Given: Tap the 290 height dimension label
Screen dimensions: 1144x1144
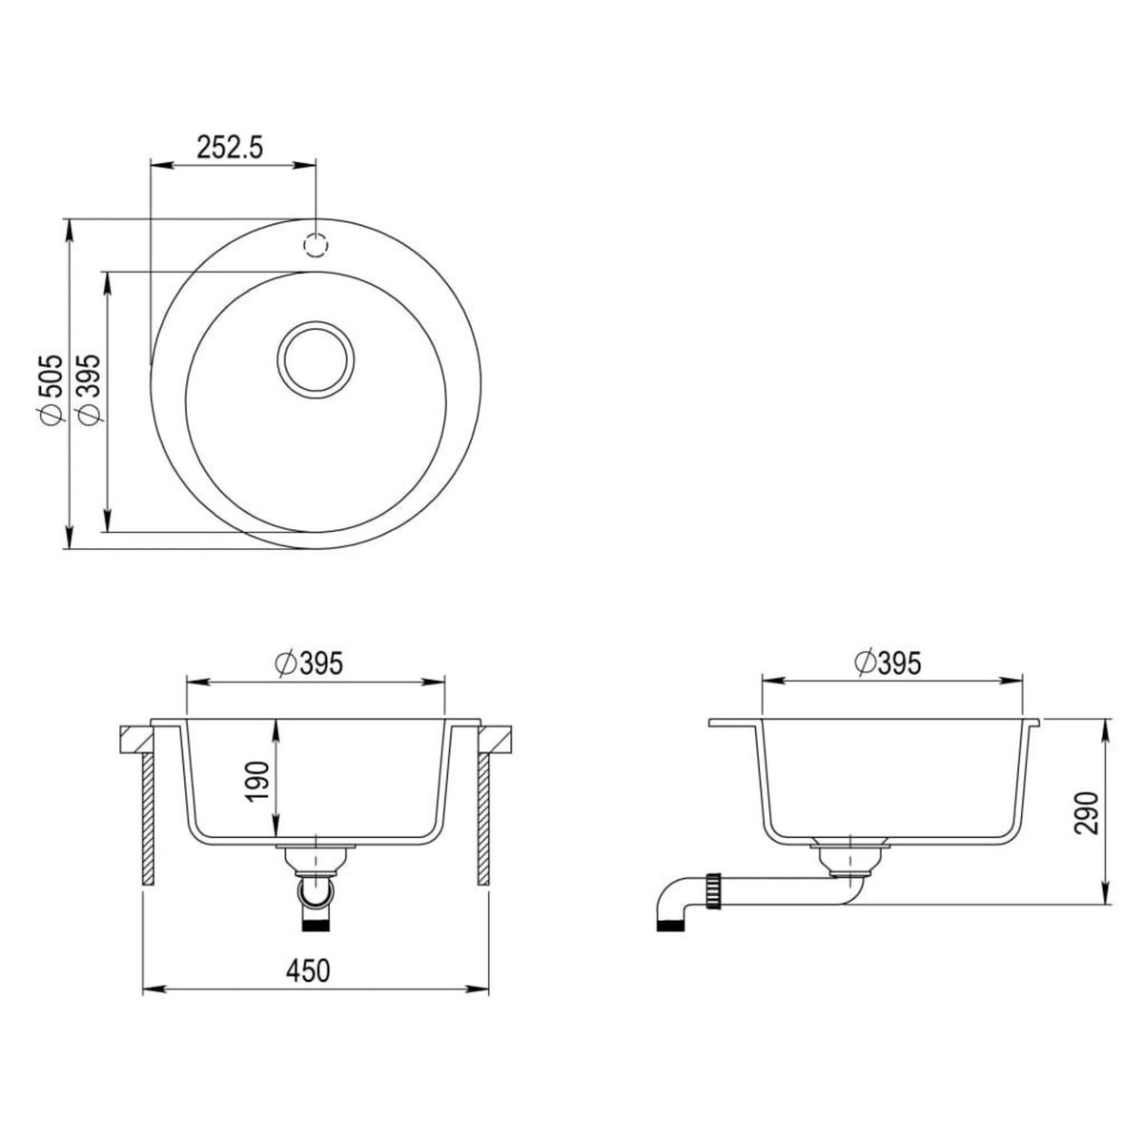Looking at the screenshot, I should point(1088,811).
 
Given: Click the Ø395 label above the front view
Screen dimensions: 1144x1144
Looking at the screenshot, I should point(307,663).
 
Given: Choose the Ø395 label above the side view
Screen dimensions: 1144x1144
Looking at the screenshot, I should point(889,663).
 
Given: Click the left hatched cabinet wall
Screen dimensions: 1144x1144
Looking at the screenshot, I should point(149,820).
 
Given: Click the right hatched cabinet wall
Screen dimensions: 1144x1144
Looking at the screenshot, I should point(482,820).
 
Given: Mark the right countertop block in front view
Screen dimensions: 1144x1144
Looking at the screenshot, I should point(496,738).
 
